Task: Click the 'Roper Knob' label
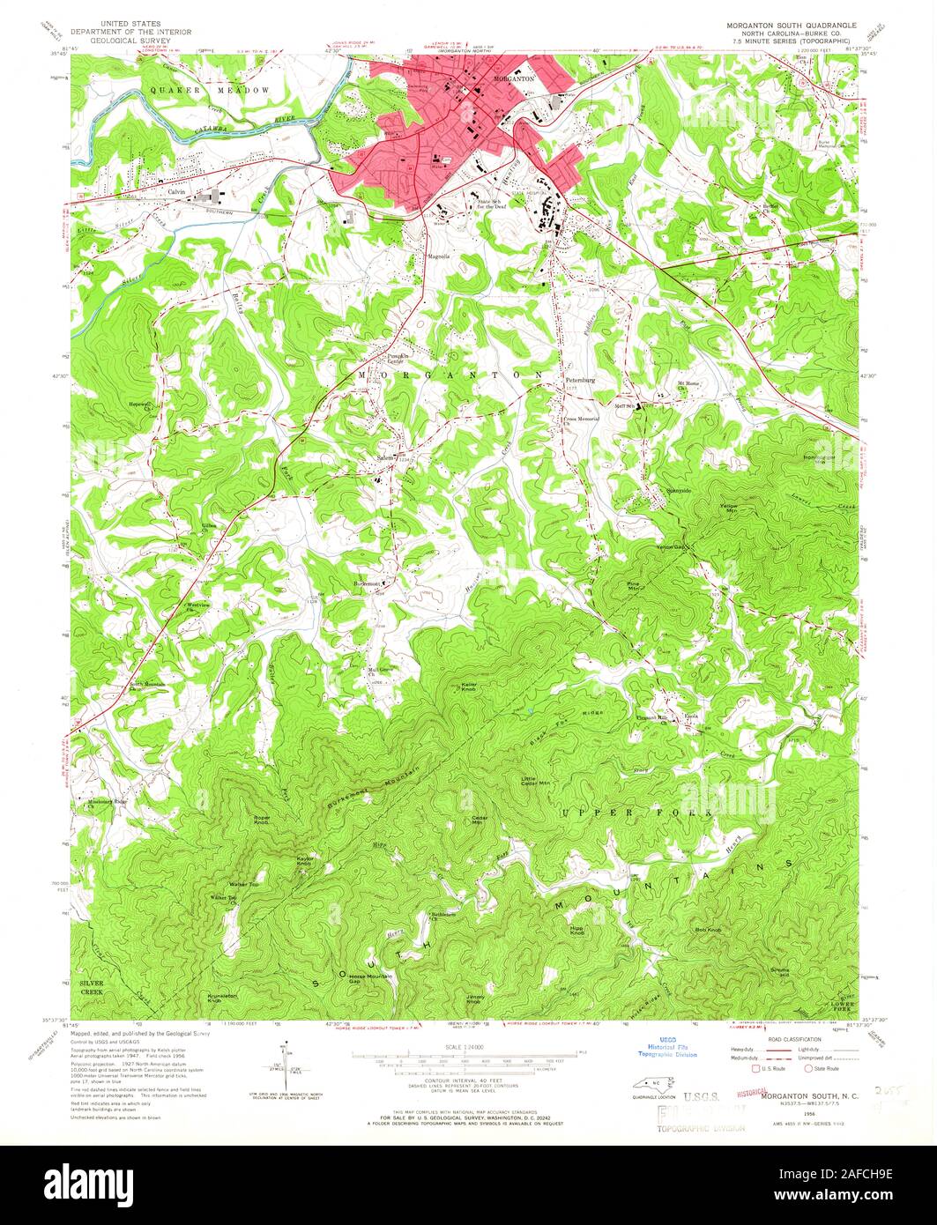click(262, 820)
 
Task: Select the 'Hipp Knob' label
click(578, 931)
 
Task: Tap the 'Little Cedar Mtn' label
click(535, 780)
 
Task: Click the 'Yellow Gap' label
click(669, 548)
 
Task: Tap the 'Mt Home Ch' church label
click(688, 385)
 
